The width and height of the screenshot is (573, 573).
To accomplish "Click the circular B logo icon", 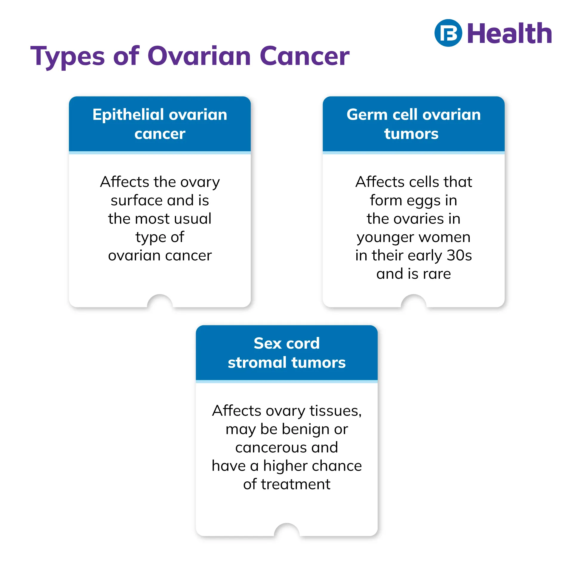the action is click(x=448, y=33).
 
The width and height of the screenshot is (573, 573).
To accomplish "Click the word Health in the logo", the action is click(x=509, y=33).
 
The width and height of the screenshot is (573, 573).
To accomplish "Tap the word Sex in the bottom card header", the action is click(x=268, y=344).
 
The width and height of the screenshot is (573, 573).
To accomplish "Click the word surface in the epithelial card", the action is click(x=138, y=200).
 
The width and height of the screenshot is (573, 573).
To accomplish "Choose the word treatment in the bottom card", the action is click(x=296, y=484).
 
